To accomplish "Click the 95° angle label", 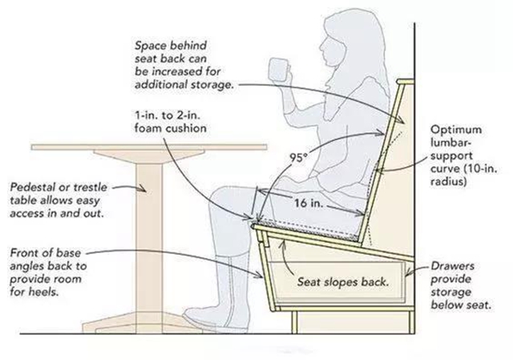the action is point(299,158).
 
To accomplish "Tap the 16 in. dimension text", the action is point(309,203).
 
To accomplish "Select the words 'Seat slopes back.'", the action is point(343,281).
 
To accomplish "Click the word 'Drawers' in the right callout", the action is point(452,265).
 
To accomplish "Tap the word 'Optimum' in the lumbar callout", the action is point(456,130).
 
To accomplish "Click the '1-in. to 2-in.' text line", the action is point(168,115).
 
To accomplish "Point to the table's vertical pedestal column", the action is point(149,238).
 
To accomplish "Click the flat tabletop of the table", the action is point(149,147).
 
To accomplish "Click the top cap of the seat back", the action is point(406,82).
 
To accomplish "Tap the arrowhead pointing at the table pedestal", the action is point(142,188).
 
